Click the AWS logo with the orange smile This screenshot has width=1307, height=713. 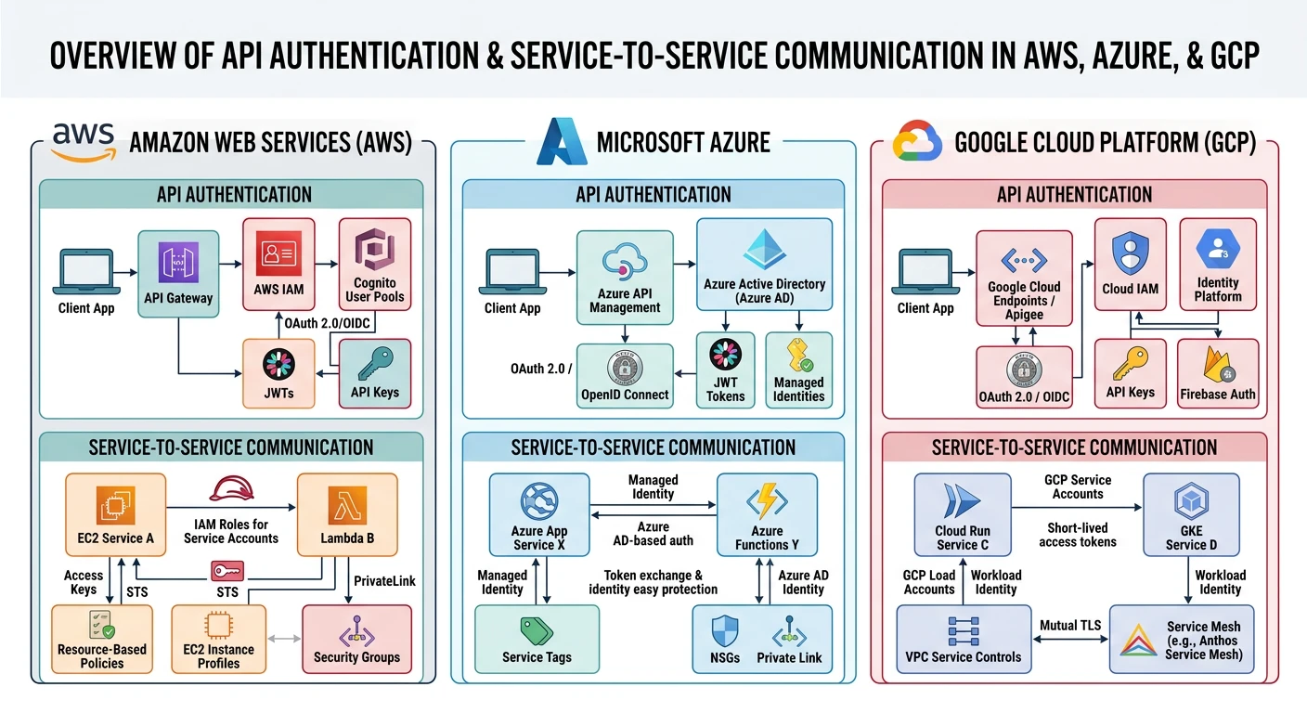(84, 142)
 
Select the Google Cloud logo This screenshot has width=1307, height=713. (917, 142)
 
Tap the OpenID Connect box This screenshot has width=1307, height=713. (625, 376)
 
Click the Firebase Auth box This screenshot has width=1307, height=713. (1217, 373)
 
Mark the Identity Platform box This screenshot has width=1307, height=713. (1217, 264)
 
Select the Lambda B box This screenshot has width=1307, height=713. (347, 514)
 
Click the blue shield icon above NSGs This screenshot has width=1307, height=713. (724, 631)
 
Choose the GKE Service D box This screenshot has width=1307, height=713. (1191, 514)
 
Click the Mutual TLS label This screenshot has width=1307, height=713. (1070, 625)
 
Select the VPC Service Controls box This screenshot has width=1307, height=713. (963, 639)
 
